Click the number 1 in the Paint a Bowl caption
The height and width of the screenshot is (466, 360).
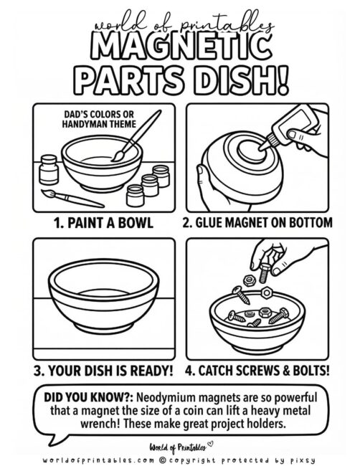(x=58, y=222)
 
